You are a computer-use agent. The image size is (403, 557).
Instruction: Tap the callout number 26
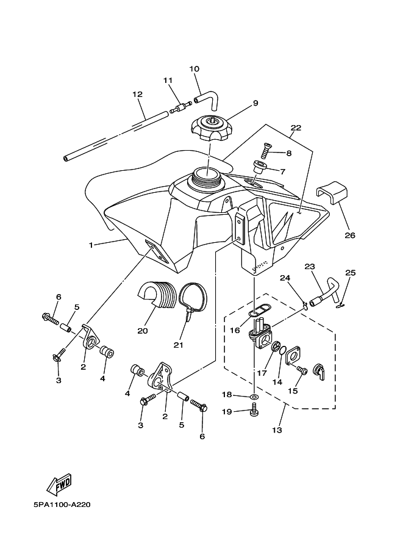[350, 235]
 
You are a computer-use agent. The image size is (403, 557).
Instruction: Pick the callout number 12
[137, 95]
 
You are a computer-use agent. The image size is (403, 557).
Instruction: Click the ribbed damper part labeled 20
[157, 295]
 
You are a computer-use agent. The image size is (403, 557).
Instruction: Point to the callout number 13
[277, 430]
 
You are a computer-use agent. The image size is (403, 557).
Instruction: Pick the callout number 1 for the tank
[91, 245]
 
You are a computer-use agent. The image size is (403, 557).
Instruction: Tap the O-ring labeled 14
[282, 351]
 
